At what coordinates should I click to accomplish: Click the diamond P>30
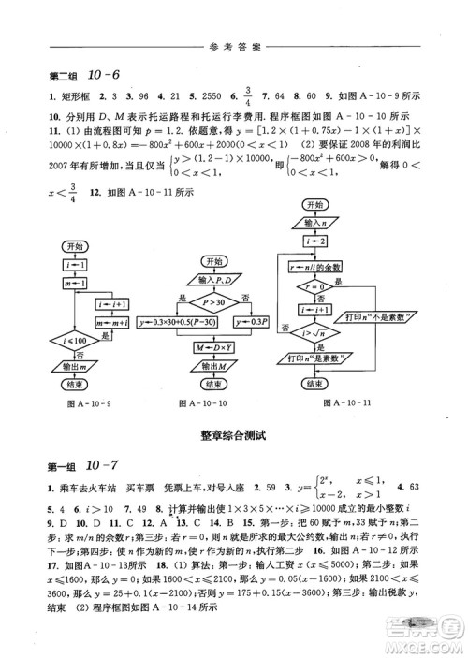pos(212,300)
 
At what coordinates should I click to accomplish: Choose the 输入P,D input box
pos(212,279)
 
